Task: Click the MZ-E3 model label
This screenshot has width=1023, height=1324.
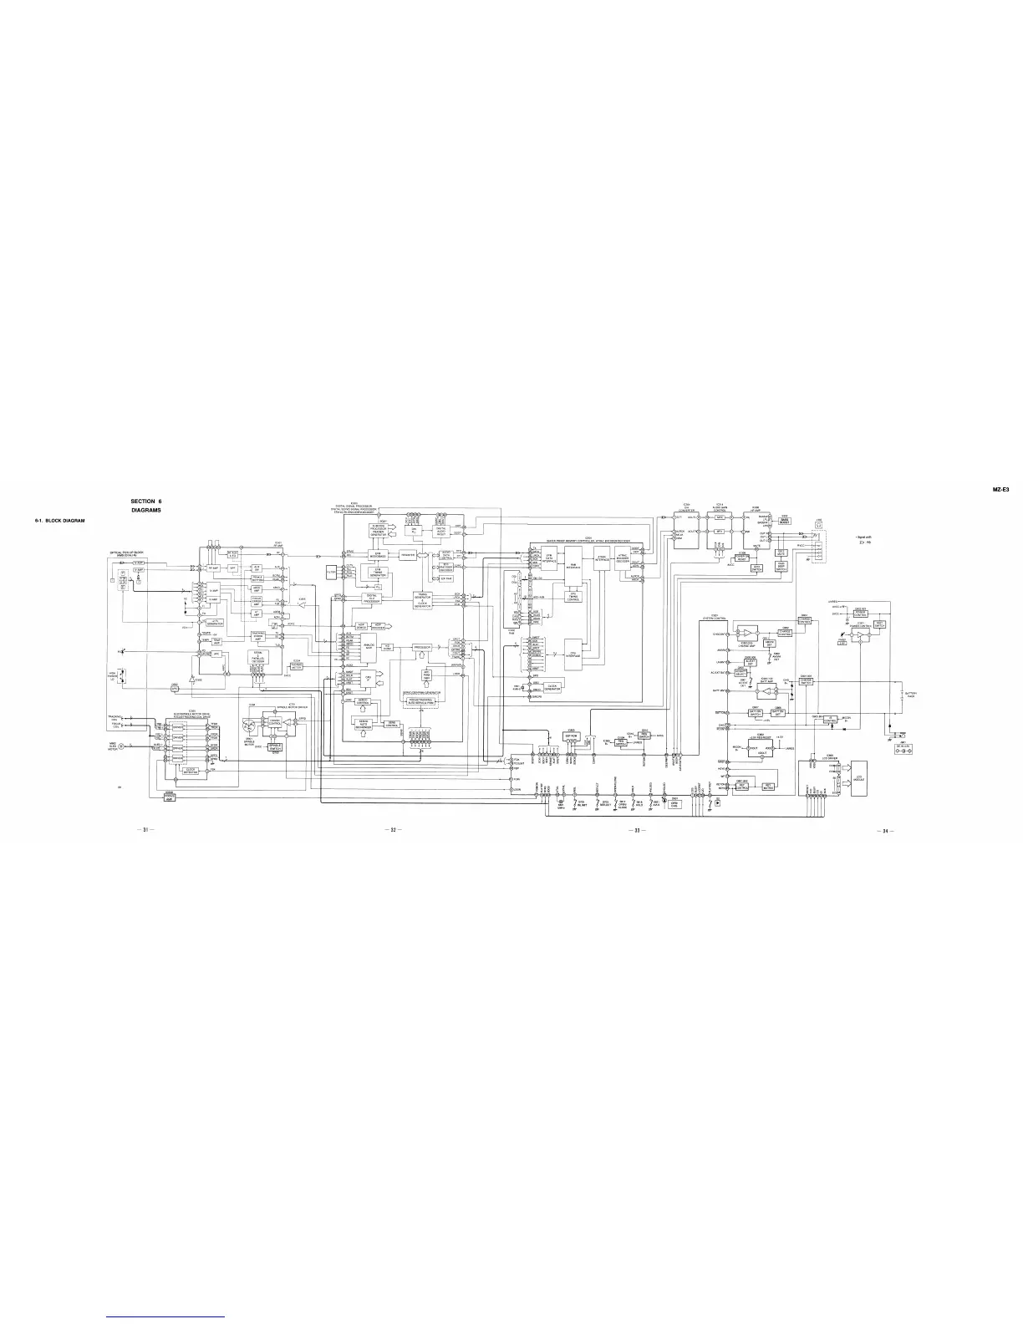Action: [x=1002, y=491]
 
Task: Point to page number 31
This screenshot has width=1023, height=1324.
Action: [x=148, y=830]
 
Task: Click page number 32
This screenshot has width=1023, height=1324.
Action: [x=394, y=830]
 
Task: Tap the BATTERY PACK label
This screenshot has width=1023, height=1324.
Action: [x=910, y=695]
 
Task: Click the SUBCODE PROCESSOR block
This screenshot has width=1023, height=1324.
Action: [x=379, y=528]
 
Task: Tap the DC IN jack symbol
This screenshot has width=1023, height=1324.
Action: [x=902, y=751]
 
